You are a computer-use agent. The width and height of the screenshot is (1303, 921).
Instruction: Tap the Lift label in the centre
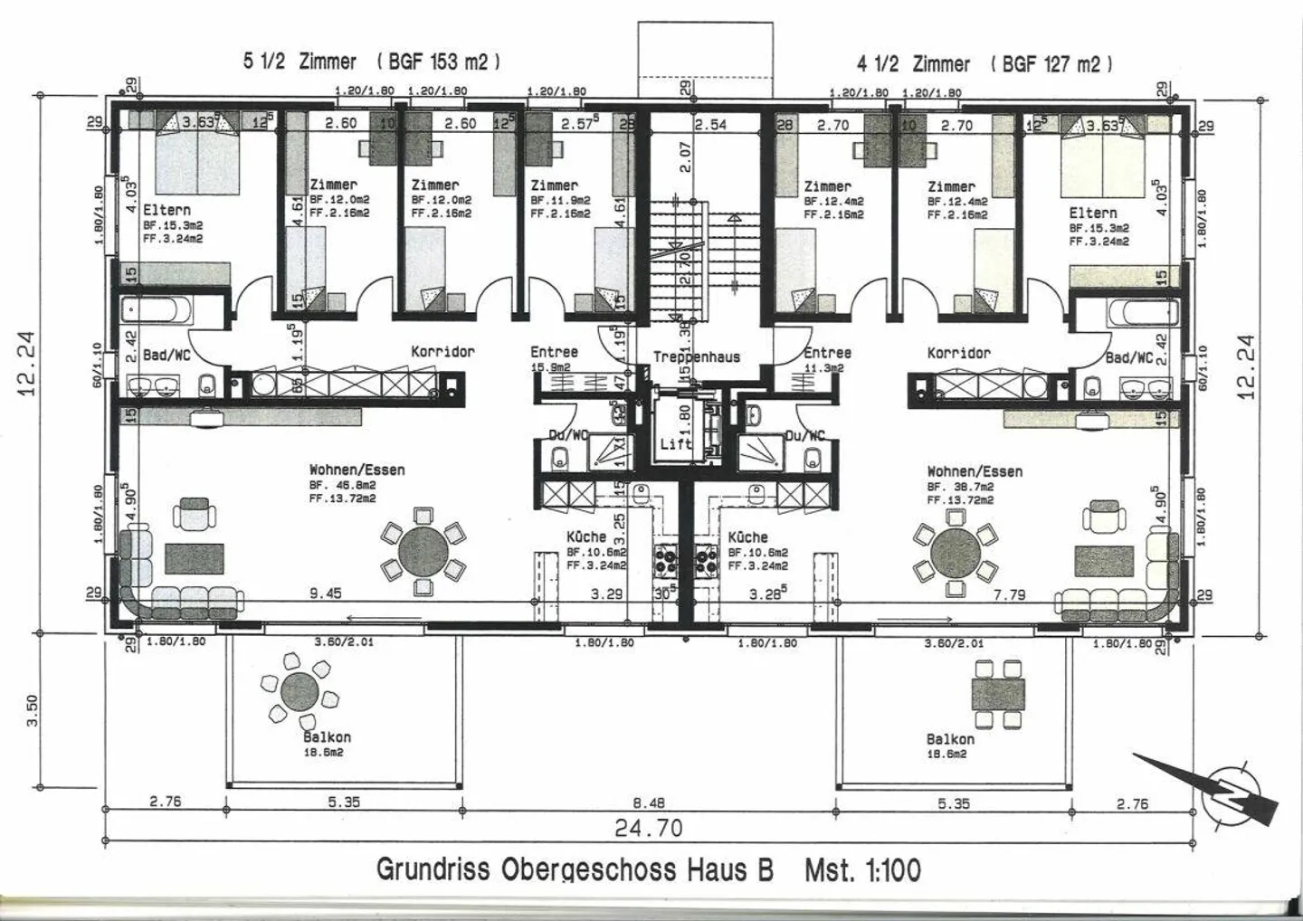coord(676,444)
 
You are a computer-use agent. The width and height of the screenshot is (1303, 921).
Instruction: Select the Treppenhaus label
coord(697,357)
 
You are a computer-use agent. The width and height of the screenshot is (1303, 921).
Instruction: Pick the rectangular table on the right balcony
coord(998,694)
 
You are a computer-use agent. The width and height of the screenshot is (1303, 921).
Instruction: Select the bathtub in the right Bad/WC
coord(1144,314)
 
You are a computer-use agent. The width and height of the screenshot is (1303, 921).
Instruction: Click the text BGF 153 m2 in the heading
coord(438,62)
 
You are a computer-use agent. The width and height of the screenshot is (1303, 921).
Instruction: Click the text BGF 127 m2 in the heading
coord(1051,63)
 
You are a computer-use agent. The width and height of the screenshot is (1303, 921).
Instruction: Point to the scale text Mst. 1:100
coord(862,870)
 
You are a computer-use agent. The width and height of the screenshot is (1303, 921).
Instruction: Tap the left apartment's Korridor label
coord(442,351)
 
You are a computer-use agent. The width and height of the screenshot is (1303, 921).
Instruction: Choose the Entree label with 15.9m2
coord(554,353)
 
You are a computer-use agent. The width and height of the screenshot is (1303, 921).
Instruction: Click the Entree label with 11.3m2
coord(827,354)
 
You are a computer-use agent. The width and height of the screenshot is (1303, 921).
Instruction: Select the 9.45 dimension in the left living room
coord(325,594)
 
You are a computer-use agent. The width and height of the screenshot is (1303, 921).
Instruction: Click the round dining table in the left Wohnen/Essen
coord(423,550)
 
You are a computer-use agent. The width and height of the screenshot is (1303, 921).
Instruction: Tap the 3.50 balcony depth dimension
coord(33,708)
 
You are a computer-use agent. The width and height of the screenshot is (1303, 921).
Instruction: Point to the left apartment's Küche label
coord(586,536)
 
